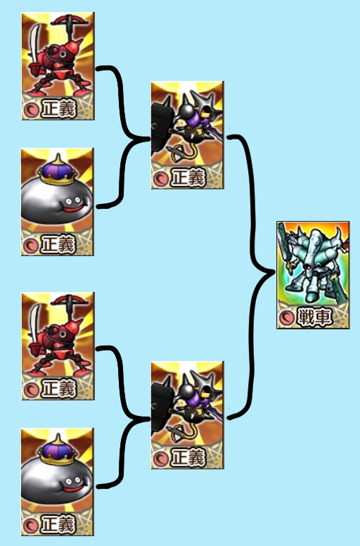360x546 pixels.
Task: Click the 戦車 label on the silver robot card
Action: click(314, 317)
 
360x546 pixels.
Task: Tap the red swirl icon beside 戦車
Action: click(288, 317)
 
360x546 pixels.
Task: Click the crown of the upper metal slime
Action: click(58, 171)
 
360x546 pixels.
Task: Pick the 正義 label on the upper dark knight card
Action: click(187, 177)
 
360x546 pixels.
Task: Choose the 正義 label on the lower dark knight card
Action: click(187, 457)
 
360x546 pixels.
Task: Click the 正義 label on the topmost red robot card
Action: click(58, 108)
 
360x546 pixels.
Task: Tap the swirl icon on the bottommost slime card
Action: click(31, 525)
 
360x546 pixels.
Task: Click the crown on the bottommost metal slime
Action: click(58, 450)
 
